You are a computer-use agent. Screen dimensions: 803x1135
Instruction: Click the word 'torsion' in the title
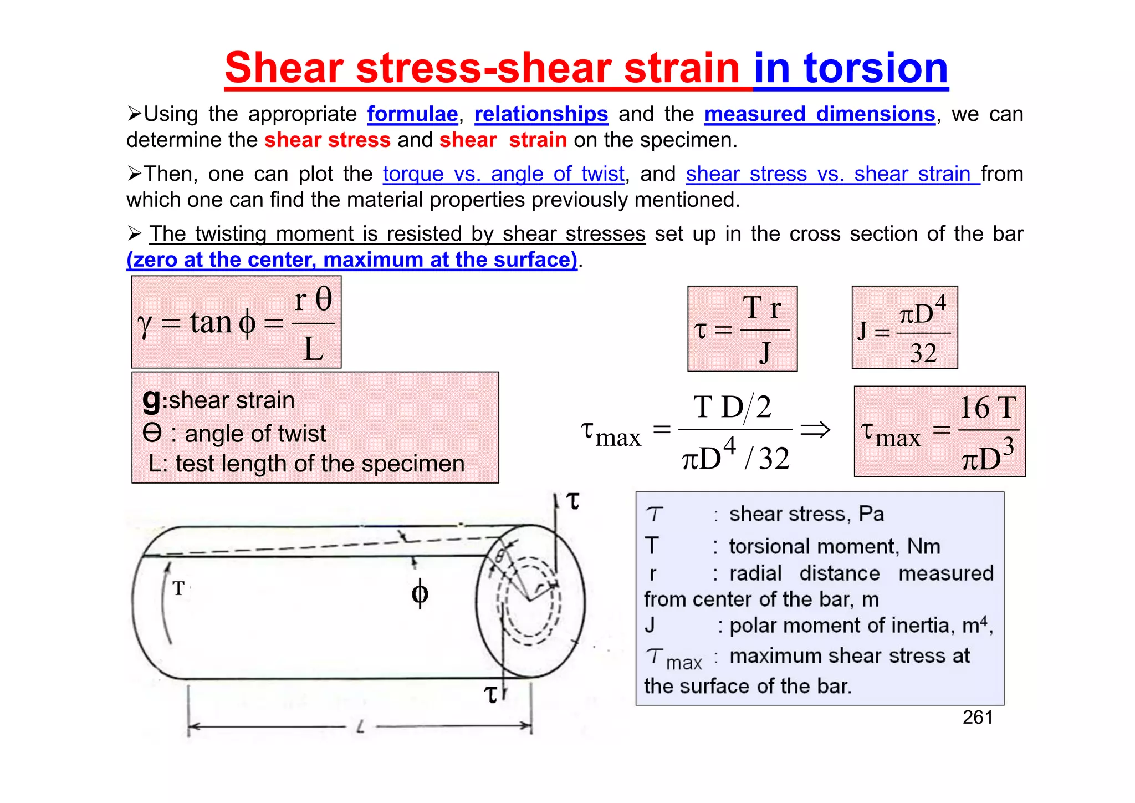876,68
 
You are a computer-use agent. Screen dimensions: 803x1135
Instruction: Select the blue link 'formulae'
412,114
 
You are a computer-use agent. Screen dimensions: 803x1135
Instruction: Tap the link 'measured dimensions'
820,114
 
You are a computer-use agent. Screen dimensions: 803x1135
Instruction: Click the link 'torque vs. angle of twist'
503,174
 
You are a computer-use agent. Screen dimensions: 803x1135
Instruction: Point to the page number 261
978,718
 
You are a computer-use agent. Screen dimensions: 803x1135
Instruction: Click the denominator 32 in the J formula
923,353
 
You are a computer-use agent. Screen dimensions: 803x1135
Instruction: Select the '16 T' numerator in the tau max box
988,408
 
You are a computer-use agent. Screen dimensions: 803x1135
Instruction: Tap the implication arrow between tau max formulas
815,430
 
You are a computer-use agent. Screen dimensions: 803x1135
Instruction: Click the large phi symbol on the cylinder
420,593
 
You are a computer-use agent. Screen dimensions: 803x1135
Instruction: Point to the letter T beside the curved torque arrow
178,588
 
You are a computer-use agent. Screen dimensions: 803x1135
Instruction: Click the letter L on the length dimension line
360,726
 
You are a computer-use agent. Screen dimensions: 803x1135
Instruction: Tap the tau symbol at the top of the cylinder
573,501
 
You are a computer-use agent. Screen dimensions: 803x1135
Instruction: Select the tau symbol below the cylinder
490,694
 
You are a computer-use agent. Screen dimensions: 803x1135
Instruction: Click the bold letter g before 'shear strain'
151,399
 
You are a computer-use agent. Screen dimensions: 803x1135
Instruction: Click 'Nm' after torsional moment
923,547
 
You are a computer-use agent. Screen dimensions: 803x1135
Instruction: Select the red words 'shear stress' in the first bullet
328,140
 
